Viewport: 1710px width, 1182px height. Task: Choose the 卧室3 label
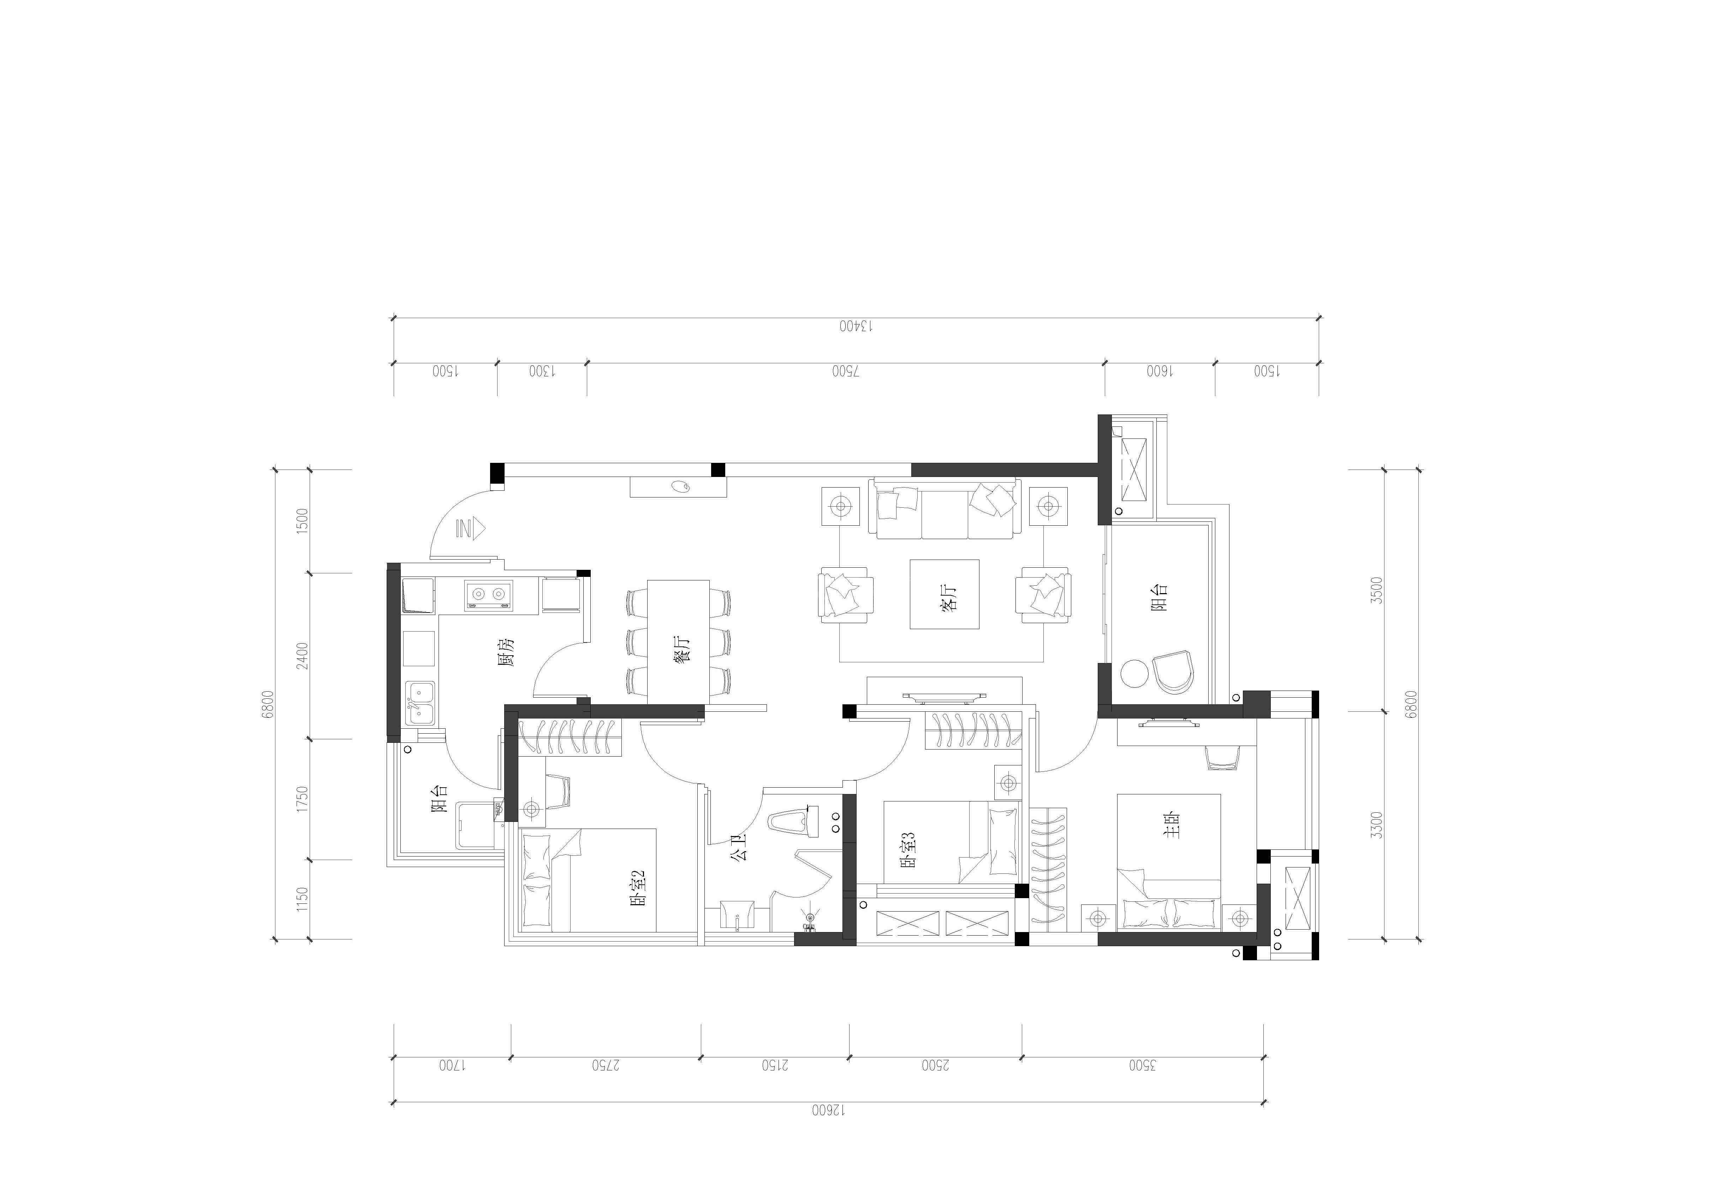(x=908, y=849)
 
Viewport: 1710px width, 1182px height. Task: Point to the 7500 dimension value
(x=846, y=371)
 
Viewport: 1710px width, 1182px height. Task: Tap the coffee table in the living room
(x=945, y=594)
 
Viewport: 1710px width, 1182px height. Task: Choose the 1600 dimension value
(x=1160, y=371)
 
